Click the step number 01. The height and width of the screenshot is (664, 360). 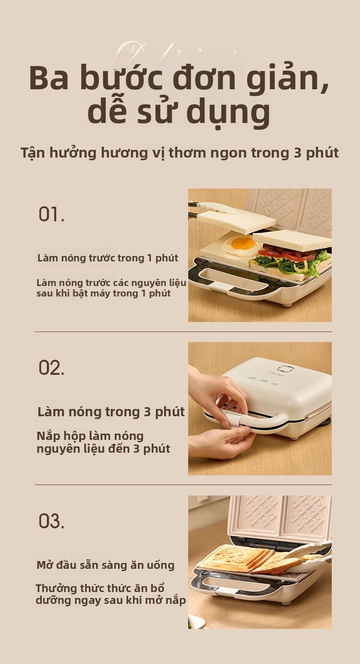click(x=51, y=214)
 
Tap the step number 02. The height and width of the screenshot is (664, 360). click(x=51, y=368)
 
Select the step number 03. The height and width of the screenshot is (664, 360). click(x=51, y=521)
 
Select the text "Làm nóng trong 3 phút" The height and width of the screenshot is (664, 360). click(x=111, y=412)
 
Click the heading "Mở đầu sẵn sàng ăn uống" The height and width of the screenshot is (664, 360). click(x=106, y=565)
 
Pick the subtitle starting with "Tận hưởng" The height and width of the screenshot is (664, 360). click(x=180, y=153)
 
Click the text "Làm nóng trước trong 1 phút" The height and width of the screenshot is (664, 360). click(x=108, y=258)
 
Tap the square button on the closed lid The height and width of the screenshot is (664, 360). click(x=287, y=369)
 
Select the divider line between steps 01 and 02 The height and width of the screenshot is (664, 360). click(x=183, y=332)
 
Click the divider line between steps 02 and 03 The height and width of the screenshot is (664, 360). click(x=183, y=485)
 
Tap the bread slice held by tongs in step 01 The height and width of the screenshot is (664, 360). click(x=236, y=221)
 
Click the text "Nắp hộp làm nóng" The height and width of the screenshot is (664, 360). click(x=90, y=436)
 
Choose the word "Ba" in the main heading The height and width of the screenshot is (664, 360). click(x=49, y=78)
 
